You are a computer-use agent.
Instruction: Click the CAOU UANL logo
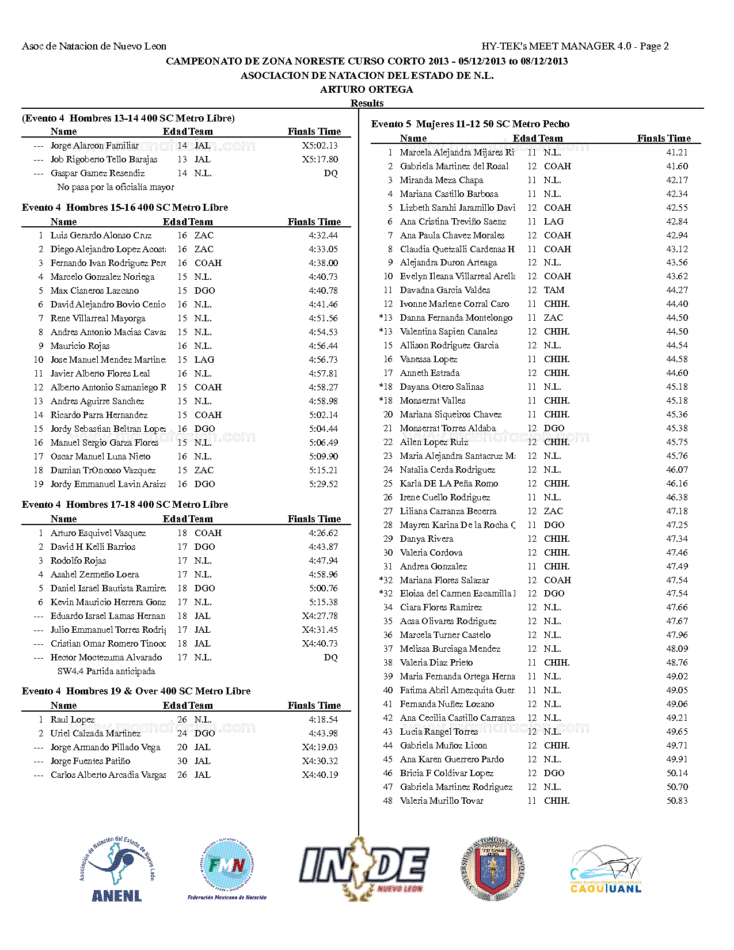(606, 869)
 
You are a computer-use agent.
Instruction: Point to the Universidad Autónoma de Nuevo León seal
(493, 867)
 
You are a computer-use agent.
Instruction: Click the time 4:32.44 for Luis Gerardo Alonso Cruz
(323, 235)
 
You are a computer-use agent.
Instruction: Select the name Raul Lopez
(73, 720)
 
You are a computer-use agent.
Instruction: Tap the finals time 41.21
(677, 153)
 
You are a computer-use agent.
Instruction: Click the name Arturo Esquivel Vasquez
(98, 533)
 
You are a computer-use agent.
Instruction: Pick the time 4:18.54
(323, 720)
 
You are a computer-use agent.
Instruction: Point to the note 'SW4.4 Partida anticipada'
(106, 671)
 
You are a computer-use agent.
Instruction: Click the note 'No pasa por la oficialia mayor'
(116, 187)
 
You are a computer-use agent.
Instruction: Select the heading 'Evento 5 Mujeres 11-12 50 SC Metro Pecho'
(470, 124)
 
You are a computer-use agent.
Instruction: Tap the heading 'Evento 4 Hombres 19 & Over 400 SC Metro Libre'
(136, 691)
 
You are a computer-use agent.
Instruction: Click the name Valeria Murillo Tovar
(442, 801)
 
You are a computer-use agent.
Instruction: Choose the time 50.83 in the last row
(677, 801)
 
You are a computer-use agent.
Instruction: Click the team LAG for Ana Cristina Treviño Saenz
(554, 222)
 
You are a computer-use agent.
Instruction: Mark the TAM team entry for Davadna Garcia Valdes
(554, 290)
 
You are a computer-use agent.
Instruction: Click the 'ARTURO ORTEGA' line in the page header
(367, 89)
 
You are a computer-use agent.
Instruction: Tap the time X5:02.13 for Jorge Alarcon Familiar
(320, 146)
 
